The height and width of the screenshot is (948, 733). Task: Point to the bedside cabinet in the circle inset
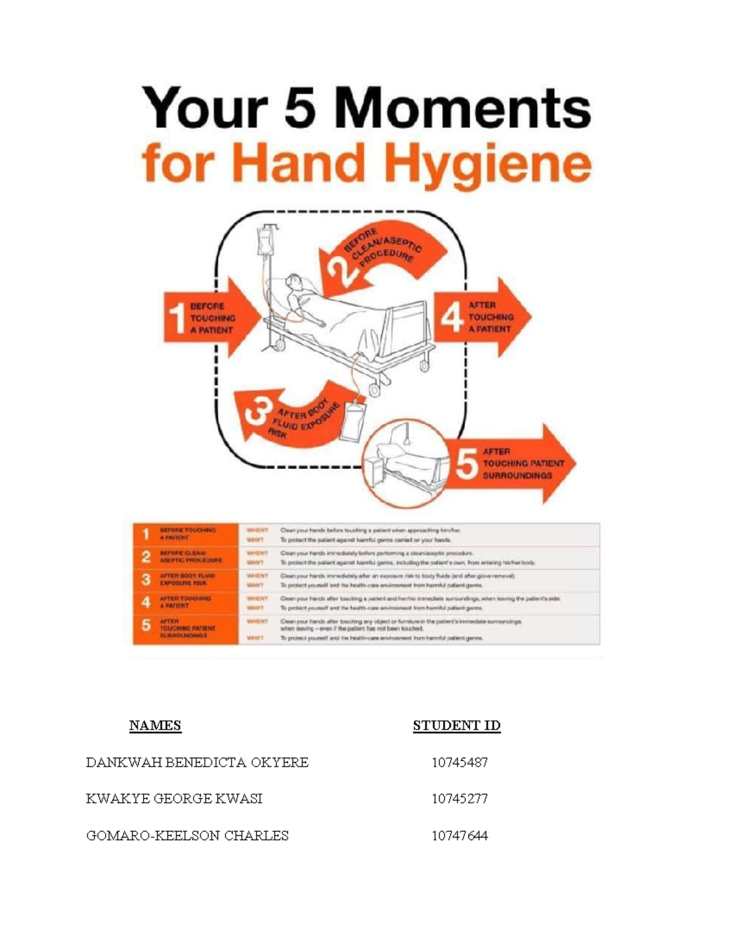374,470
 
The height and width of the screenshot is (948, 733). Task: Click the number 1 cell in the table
145,535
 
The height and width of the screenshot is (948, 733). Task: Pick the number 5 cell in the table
145,626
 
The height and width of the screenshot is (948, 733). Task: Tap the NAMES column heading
155,725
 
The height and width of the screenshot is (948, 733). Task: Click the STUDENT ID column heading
456,725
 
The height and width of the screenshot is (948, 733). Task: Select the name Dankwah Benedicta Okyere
197,762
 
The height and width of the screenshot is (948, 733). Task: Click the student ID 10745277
459,799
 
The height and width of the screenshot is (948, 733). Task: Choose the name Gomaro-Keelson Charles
187,836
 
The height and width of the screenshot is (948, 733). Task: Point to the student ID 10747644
459,836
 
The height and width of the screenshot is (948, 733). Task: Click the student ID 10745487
459,762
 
